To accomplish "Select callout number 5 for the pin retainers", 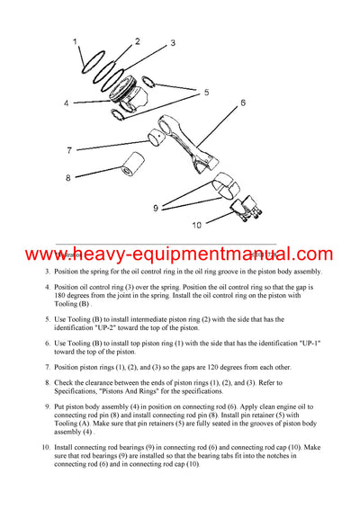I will coord(206,92).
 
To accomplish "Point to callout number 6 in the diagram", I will coord(242,103).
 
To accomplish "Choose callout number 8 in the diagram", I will coord(67,178).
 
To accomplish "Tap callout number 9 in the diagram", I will coord(155,208).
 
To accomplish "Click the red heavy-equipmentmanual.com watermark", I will coord(180,254).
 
